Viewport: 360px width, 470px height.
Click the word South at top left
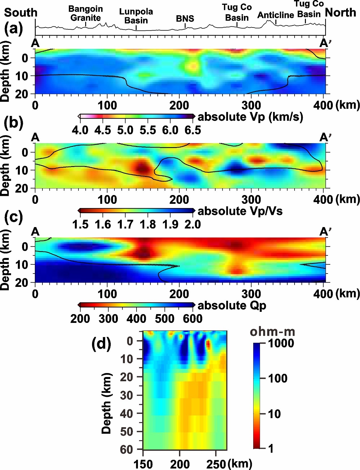21,12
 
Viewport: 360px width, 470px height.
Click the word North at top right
340,12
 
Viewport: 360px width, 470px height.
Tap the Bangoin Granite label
86,13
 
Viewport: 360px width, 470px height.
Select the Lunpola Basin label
136,16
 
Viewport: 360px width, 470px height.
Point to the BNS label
185,19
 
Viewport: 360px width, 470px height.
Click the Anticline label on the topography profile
276,15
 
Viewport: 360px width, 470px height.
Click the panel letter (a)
13,29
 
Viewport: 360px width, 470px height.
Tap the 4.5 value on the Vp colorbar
103,130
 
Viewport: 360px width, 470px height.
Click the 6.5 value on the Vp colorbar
193,130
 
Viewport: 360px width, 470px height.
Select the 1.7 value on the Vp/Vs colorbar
125,225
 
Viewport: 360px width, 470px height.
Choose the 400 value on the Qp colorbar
136,319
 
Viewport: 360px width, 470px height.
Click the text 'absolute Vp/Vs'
240,211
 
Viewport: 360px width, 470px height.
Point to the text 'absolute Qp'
232,306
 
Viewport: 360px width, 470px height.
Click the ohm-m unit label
272,332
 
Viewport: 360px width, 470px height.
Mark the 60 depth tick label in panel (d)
126,450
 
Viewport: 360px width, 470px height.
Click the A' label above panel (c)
325,232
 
